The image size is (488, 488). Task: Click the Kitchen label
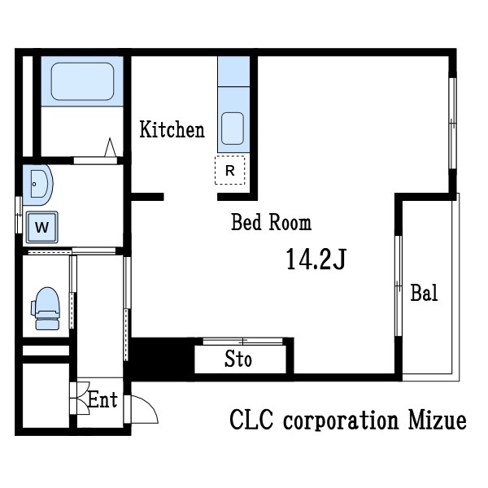click(x=172, y=129)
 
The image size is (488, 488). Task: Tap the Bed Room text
click(x=271, y=222)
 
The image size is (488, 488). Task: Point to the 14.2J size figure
click(x=316, y=259)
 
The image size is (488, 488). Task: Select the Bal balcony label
click(x=424, y=293)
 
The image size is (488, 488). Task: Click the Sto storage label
click(x=238, y=359)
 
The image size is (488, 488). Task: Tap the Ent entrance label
click(x=102, y=399)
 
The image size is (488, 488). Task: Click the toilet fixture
click(x=46, y=308)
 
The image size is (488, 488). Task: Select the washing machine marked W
click(x=42, y=227)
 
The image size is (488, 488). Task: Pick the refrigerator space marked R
click(x=230, y=170)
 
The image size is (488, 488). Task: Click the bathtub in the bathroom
click(x=82, y=81)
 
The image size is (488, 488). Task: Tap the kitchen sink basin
click(x=233, y=129)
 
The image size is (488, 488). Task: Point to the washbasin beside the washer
click(x=38, y=185)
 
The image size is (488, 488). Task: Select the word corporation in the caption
click(x=341, y=421)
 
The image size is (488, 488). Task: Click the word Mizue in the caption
click(x=438, y=420)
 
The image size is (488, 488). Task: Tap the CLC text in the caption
click(x=251, y=420)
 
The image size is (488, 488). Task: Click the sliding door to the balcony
click(x=399, y=285)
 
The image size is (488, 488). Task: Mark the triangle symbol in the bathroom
click(x=110, y=147)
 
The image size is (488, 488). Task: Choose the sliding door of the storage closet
click(x=242, y=342)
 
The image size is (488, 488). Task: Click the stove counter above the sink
click(x=233, y=72)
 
